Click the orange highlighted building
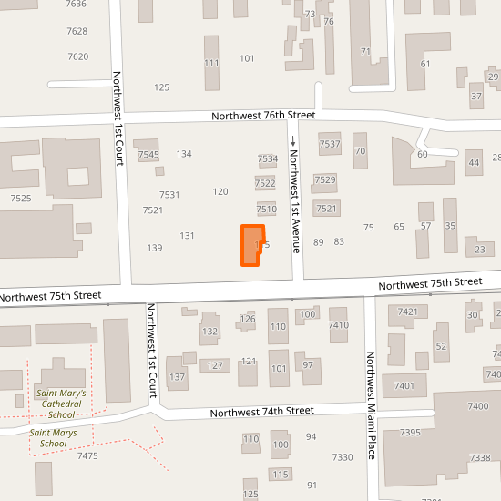tap(250, 246)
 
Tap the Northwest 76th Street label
tap(263, 116)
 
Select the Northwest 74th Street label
tap(261, 412)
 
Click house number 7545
tap(148, 155)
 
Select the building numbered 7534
tap(267, 159)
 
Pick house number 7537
tap(330, 144)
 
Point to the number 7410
tap(338, 325)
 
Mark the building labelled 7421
tap(407, 312)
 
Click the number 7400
tap(477, 406)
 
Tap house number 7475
tap(88, 455)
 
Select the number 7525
tap(21, 198)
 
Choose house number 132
tap(210, 331)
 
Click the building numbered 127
tap(215, 365)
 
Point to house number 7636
tap(77, 5)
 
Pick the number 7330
tap(343, 457)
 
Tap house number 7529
tap(325, 179)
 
